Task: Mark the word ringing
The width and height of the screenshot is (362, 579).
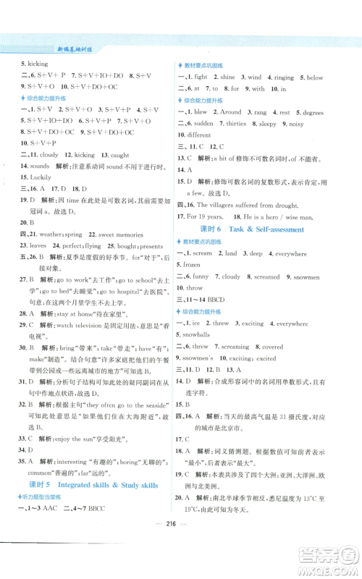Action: click(x=283, y=77)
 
